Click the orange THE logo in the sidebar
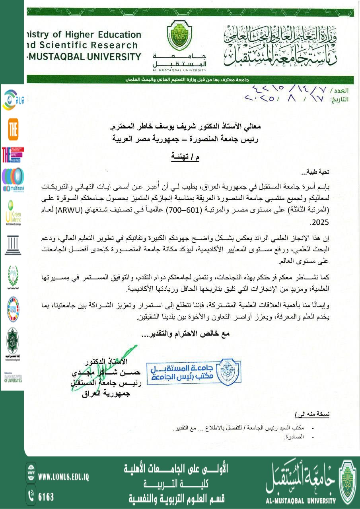pos(13,129)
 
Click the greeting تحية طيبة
pos(316,172)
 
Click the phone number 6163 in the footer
pos(46,497)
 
